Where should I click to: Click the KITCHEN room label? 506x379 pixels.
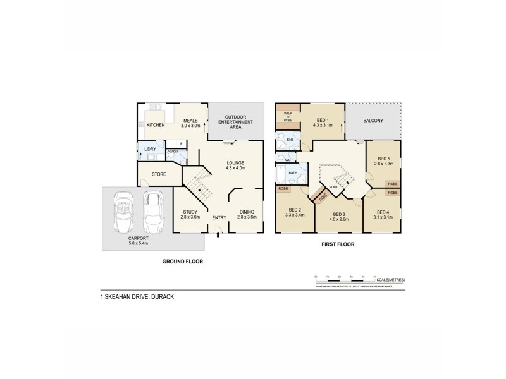click(156, 125)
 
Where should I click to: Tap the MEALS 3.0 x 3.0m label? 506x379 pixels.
click(190, 123)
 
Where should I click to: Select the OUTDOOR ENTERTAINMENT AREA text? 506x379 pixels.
click(235, 123)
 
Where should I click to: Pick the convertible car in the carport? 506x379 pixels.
click(123, 214)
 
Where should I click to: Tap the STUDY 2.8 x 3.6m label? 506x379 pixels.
click(190, 214)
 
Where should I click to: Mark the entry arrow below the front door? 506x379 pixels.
click(219, 236)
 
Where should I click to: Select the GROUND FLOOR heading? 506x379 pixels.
click(182, 261)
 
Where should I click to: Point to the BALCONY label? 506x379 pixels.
click(373, 121)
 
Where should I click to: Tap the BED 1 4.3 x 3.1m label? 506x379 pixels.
click(323, 123)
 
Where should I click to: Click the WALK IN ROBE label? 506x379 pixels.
click(287, 116)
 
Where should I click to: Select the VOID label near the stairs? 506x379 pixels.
click(333, 187)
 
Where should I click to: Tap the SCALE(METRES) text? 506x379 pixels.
click(392, 280)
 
